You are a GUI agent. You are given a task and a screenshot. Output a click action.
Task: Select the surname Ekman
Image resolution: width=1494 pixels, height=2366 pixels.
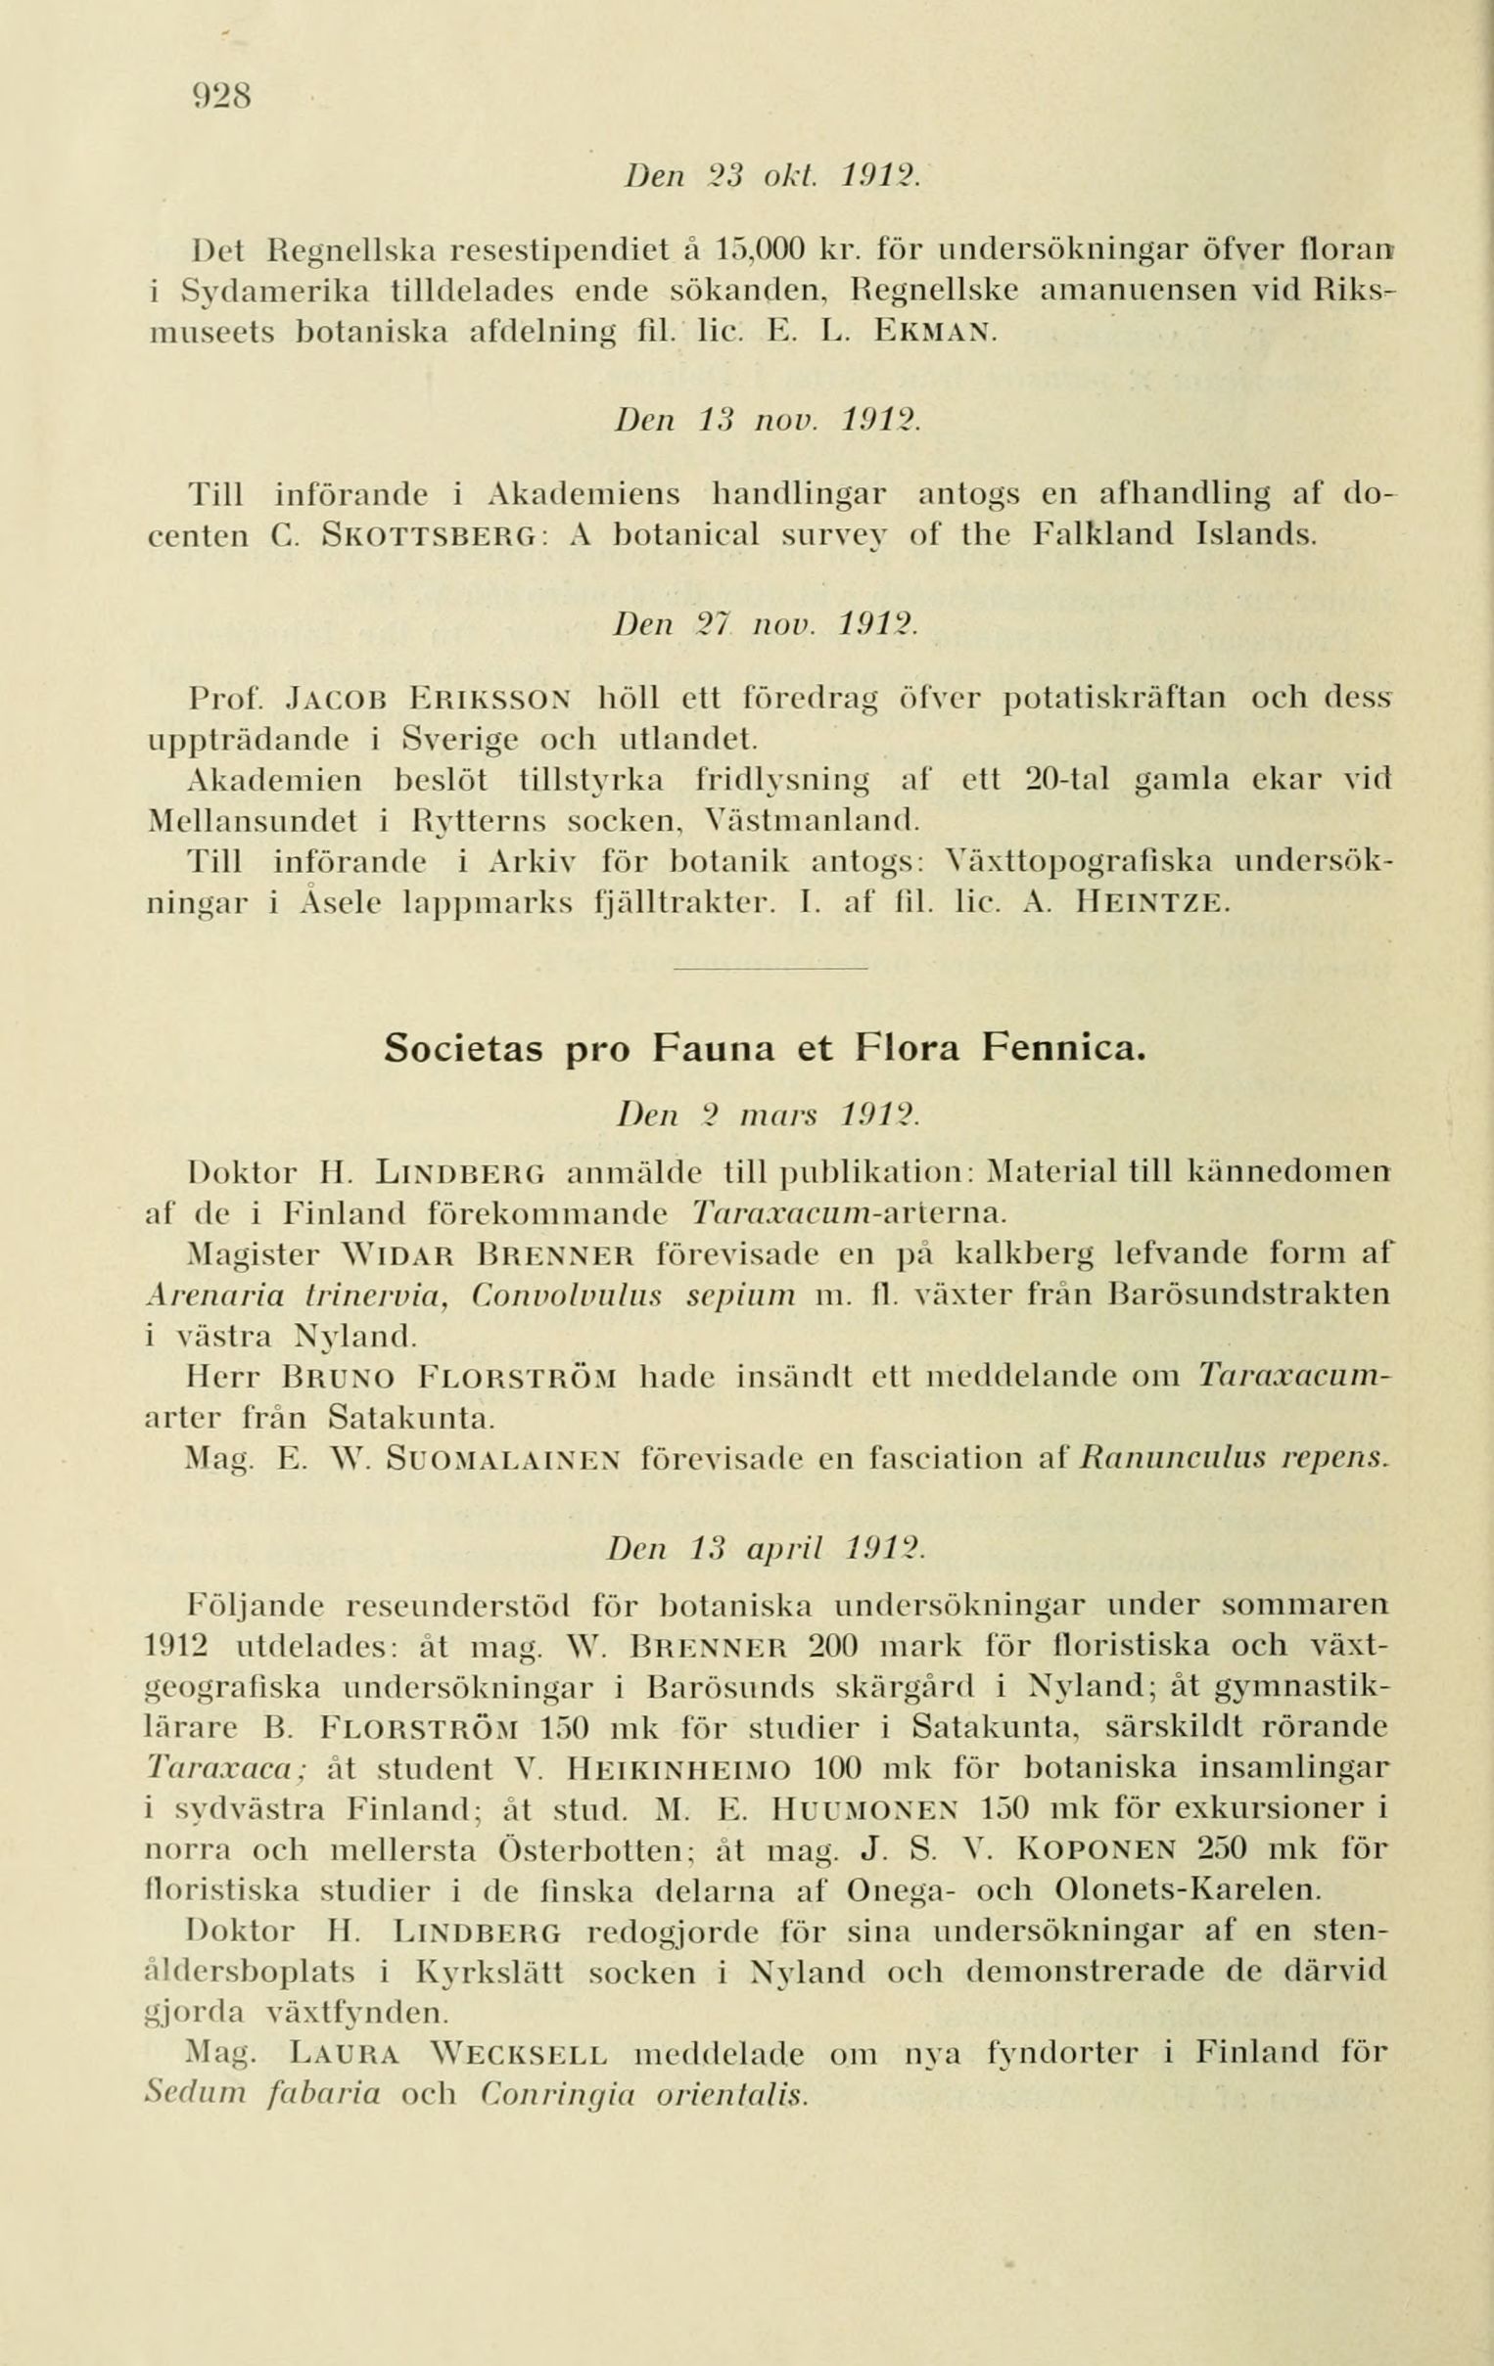935,331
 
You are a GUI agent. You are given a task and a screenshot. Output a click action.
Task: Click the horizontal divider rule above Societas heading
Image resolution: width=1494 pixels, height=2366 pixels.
770,969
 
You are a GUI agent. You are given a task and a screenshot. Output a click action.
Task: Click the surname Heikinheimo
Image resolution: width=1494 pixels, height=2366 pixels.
681,1768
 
